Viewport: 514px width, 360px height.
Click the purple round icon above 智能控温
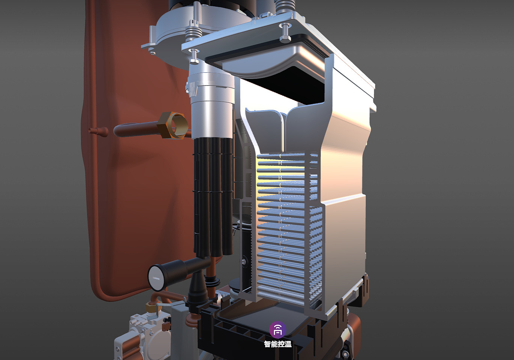pos(278,330)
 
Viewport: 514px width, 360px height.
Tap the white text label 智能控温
pos(278,344)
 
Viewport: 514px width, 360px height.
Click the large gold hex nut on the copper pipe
pos(172,125)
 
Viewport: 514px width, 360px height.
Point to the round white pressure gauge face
pos(156,278)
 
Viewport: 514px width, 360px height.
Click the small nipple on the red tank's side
pos(99,131)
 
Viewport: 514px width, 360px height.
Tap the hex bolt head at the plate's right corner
pos(286,39)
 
